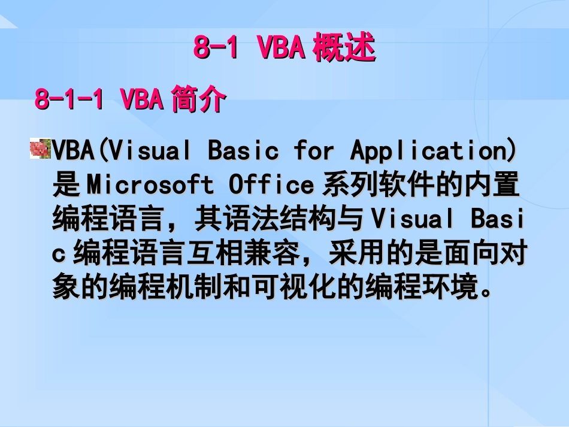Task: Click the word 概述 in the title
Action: [x=344, y=48]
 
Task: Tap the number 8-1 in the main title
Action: [x=217, y=49]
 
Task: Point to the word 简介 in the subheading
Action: [x=199, y=99]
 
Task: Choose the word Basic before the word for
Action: [x=243, y=151]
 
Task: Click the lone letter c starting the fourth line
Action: [x=59, y=255]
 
